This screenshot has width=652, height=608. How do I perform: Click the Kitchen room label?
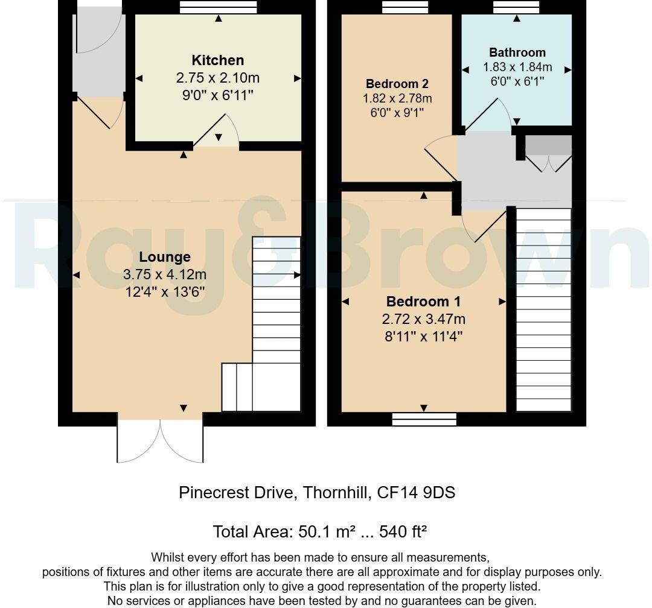[217, 60]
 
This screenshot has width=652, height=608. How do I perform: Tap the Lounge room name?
[165, 257]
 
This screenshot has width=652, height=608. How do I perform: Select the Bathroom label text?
[517, 53]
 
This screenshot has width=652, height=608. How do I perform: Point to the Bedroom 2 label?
[397, 84]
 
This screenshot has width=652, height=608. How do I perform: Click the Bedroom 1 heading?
[423, 302]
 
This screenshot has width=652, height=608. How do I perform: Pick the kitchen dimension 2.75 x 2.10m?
[218, 78]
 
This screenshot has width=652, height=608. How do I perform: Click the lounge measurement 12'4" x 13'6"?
[165, 292]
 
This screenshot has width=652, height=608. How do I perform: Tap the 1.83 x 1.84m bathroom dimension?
[517, 67]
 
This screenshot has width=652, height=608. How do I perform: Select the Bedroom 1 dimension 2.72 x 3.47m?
[424, 319]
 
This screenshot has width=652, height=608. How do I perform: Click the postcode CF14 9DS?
[416, 492]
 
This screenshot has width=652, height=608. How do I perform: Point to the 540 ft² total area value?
[403, 531]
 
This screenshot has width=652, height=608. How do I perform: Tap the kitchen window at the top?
[219, 7]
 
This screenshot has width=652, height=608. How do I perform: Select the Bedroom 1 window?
[424, 419]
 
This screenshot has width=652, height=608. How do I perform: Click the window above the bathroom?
[516, 7]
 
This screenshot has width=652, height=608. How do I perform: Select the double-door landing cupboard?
[548, 153]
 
